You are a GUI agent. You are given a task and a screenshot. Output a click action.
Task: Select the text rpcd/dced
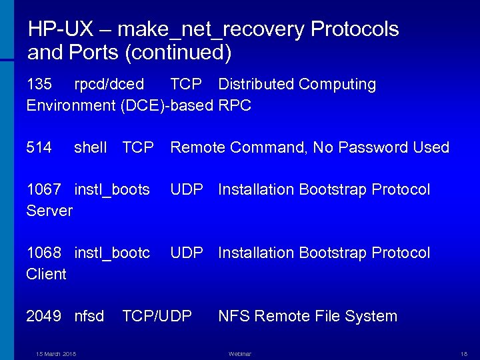click(109, 85)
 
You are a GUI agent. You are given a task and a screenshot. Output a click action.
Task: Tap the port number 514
click(39, 147)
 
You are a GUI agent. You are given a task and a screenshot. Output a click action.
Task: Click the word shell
click(91, 147)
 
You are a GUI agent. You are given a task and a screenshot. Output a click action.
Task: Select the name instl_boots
click(112, 190)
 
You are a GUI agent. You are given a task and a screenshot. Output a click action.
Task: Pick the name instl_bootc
click(112, 253)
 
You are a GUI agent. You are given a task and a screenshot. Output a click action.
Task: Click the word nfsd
click(89, 316)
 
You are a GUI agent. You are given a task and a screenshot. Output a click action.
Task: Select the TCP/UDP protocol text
click(157, 316)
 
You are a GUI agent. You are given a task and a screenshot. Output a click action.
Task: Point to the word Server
click(49, 211)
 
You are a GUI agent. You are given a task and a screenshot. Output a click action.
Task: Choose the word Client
click(47, 274)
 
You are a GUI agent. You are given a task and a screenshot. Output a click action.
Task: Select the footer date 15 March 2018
click(56, 353)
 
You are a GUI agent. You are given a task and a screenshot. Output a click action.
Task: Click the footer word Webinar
click(240, 353)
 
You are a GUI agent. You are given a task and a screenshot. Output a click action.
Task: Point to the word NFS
click(233, 316)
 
